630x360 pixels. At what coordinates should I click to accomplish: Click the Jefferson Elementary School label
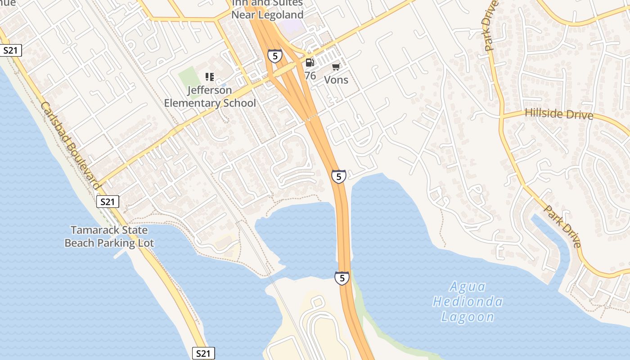[x=210, y=97]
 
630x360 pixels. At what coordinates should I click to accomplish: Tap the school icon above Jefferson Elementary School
[x=210, y=77]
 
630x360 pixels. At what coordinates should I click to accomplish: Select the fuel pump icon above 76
[x=310, y=63]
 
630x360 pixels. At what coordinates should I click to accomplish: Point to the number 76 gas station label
[x=310, y=76]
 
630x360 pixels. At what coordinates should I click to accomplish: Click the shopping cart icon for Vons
[x=336, y=67]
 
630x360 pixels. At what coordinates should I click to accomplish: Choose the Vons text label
[x=336, y=80]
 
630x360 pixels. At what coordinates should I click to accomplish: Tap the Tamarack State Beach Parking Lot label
[x=109, y=237]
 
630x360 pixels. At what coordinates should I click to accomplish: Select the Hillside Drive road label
[x=559, y=114]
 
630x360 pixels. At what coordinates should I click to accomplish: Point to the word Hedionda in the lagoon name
[x=468, y=302]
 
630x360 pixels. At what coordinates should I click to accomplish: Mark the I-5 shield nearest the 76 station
[x=274, y=56]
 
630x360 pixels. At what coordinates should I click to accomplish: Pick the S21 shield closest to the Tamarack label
[x=108, y=202]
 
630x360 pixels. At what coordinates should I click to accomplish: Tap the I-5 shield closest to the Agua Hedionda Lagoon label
[x=342, y=278]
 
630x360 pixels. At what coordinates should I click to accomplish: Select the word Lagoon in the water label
[x=468, y=317]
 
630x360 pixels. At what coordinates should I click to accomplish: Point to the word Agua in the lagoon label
[x=468, y=287]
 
